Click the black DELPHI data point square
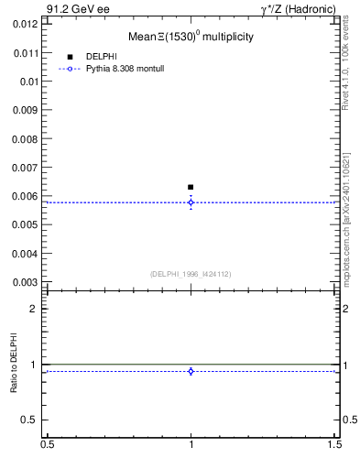pos(191,187)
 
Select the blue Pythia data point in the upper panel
pos(191,202)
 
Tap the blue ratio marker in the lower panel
pos(191,371)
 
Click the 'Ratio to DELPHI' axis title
pos(14,363)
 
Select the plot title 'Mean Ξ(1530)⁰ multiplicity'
pos(191,38)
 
